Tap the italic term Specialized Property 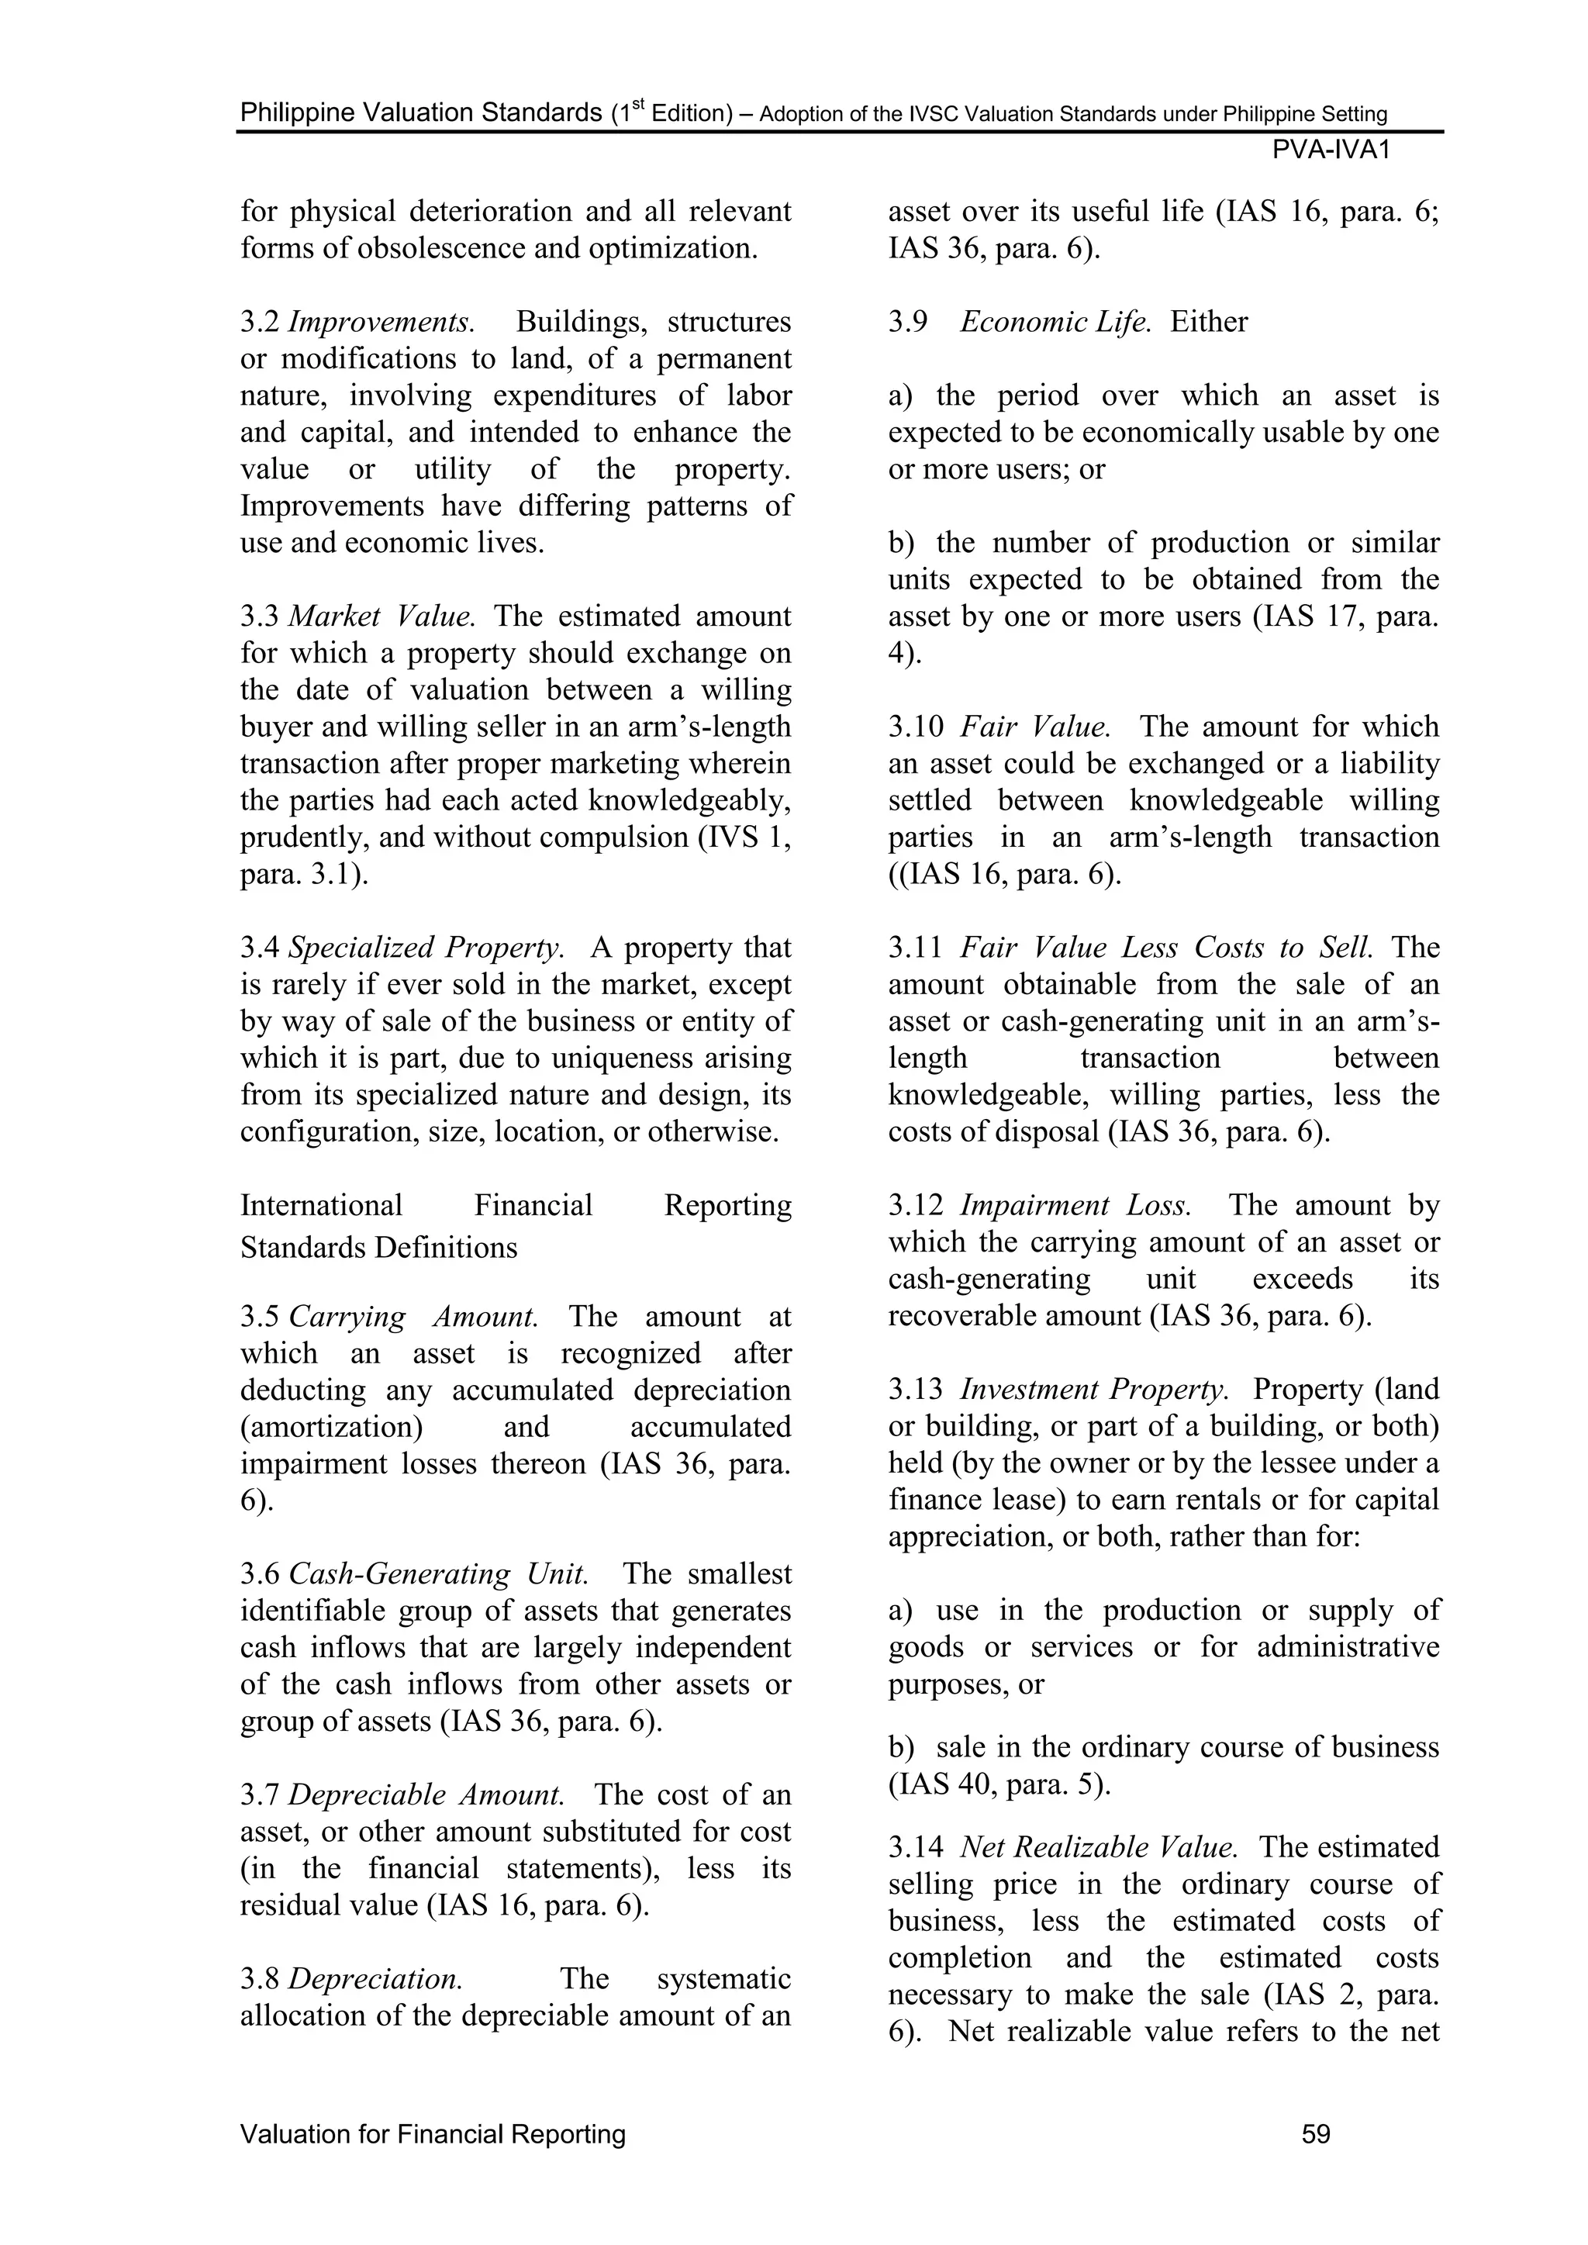point(426,948)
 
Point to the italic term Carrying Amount point(413,1316)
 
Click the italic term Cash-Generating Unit point(438,1574)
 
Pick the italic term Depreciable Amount point(426,1795)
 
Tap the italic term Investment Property point(1094,1390)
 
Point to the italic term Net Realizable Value point(1099,1847)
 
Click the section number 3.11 point(915,948)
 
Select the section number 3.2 point(260,322)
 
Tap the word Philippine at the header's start point(297,113)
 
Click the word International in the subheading point(322,1206)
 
